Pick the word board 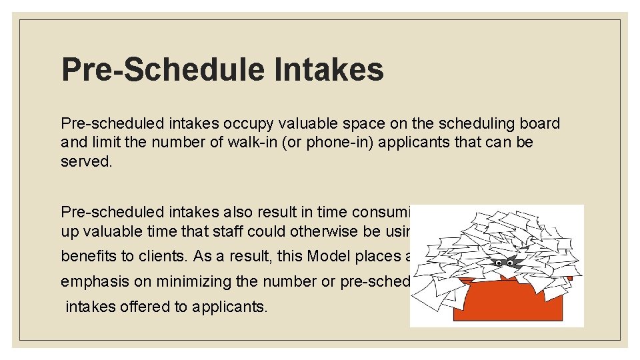[x=541, y=124]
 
